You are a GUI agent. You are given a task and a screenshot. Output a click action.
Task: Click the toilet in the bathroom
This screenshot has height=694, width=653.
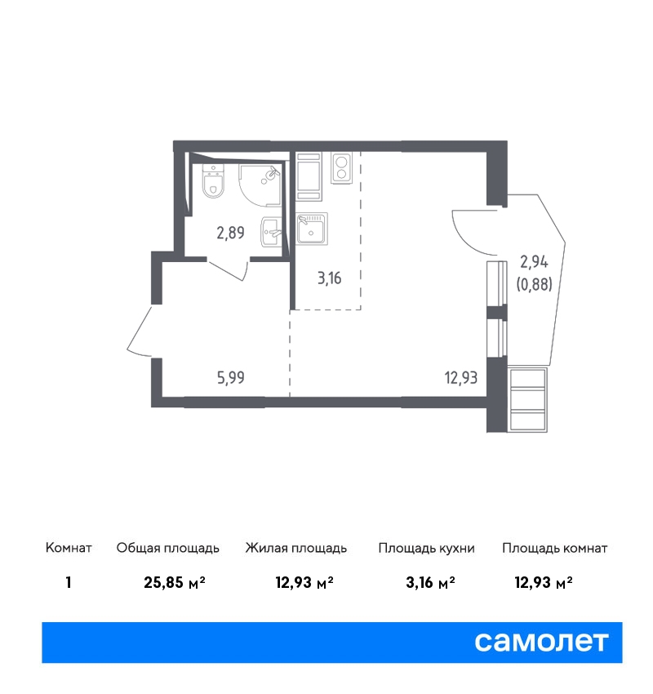213,181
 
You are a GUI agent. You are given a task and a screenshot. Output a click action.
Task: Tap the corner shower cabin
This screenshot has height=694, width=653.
260,185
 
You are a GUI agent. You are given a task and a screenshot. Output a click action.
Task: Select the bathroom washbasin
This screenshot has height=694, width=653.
271,232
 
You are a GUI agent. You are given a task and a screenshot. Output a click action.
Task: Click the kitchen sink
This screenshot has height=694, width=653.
312,229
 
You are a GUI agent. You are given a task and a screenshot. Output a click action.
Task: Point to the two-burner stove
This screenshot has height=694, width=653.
341,168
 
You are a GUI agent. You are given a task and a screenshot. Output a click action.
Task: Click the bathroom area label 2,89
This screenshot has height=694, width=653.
230,233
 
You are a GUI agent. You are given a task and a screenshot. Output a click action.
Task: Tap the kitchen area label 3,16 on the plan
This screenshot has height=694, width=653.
330,278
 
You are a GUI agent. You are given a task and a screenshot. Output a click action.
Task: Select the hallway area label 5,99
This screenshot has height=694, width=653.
231,377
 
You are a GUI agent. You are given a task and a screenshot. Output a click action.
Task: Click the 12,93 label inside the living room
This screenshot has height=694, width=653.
461,378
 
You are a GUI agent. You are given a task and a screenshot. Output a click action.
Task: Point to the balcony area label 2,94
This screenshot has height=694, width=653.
534,262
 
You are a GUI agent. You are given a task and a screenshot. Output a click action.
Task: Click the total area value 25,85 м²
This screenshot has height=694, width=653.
175,582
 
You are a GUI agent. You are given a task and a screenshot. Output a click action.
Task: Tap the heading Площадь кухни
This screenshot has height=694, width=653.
426,549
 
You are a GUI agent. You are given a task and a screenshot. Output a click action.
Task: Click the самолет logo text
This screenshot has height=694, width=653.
541,642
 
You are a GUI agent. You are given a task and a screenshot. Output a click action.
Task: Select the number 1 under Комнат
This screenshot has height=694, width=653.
68,582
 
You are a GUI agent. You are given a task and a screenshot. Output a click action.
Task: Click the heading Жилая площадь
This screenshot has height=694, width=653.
296,549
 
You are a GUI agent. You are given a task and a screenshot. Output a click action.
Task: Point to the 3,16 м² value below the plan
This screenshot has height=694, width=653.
430,582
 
